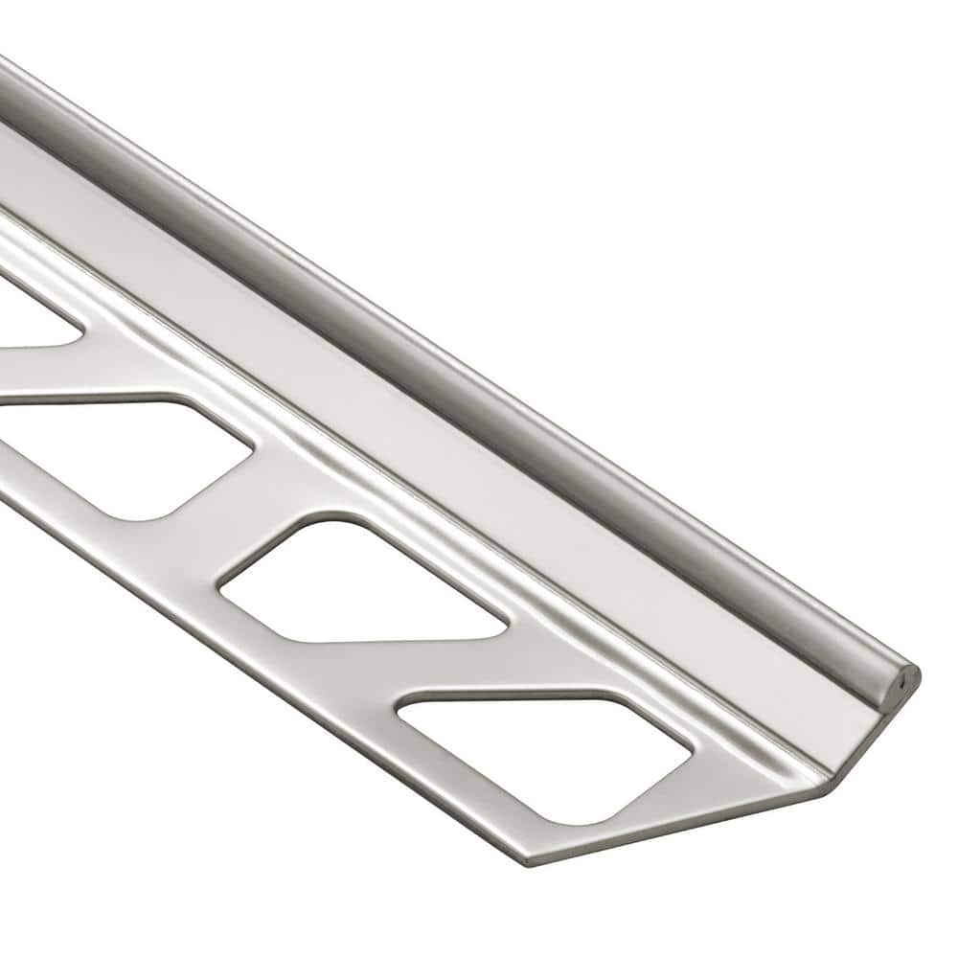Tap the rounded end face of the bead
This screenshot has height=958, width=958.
point(905,676)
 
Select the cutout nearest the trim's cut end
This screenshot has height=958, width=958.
point(546,752)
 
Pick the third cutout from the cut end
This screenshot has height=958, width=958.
point(125,455)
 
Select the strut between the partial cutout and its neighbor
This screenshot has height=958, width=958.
point(57,374)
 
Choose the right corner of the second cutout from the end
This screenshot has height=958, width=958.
point(504,627)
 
